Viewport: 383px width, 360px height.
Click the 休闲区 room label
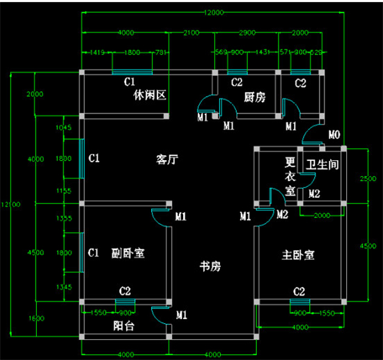[x=151, y=96]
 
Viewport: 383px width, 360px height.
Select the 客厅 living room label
[x=167, y=159]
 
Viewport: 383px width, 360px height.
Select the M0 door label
[x=334, y=134]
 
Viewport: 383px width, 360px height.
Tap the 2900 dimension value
[x=247, y=33]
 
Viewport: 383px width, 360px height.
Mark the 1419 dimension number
[x=97, y=52]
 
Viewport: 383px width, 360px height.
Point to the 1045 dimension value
[x=63, y=128]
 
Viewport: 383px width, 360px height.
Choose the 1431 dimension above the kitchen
[x=263, y=52]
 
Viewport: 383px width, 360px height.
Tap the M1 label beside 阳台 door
[x=182, y=315]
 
